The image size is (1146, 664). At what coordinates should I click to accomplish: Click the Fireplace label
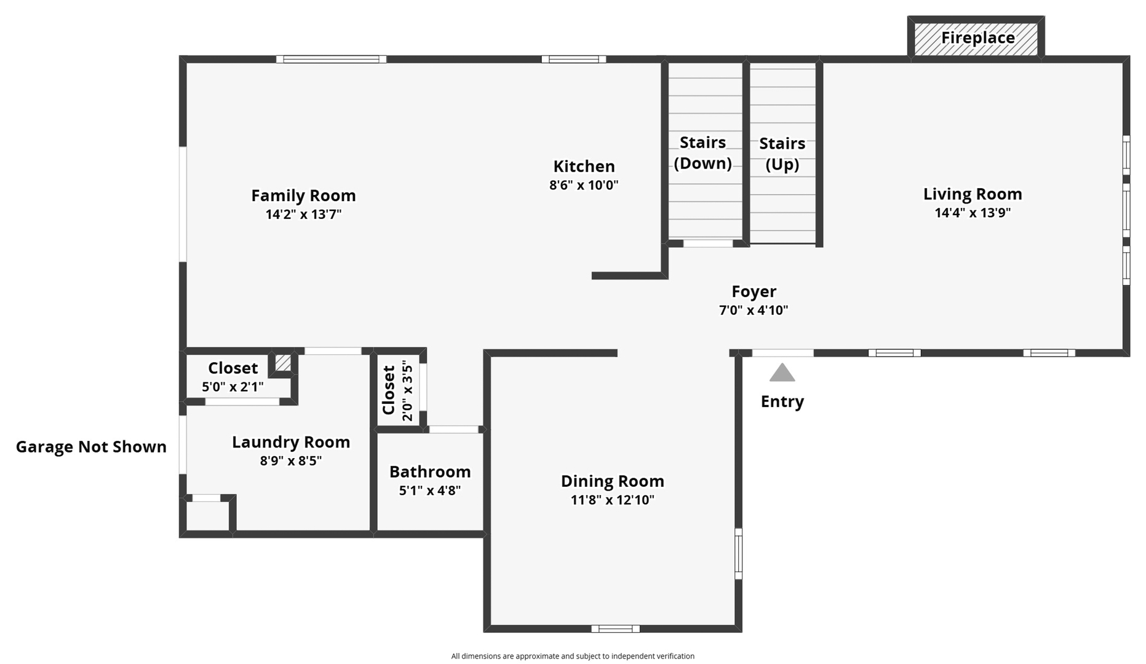click(977, 38)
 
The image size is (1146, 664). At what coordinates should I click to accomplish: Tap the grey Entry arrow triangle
click(782, 373)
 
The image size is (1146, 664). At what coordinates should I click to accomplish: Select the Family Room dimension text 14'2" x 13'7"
click(303, 215)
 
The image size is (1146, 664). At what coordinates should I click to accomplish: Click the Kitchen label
click(584, 167)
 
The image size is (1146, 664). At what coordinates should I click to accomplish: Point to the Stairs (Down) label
click(702, 152)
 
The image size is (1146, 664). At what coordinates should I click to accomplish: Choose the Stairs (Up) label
click(782, 154)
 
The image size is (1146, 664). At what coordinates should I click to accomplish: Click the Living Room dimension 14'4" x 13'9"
click(973, 213)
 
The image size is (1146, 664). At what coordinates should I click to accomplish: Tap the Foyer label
click(754, 291)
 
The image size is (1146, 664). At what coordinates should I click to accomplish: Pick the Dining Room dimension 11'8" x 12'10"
click(612, 500)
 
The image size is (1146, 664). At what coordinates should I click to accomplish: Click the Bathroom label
click(430, 472)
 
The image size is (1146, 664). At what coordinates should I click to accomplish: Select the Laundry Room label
click(291, 442)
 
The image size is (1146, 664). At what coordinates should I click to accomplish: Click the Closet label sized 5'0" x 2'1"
click(233, 368)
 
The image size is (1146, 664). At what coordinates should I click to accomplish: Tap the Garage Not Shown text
click(91, 447)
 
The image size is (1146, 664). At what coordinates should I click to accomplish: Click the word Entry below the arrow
click(782, 401)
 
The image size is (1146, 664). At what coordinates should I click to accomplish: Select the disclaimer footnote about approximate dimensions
click(573, 656)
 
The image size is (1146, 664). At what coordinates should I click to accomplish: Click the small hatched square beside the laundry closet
click(283, 363)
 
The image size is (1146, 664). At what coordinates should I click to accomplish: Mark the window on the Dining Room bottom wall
click(615, 628)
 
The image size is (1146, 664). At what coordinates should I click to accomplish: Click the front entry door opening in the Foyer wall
click(782, 353)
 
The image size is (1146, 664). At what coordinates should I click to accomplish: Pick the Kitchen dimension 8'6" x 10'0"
click(584, 185)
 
